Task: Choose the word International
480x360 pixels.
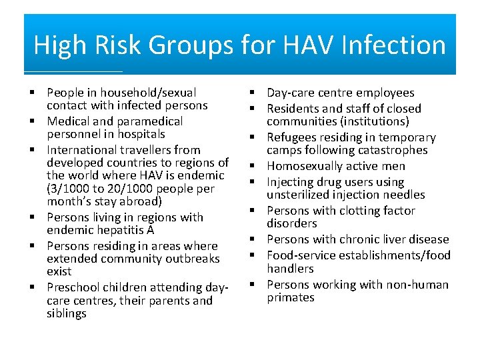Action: coord(87,150)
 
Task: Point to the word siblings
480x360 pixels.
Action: coord(67,313)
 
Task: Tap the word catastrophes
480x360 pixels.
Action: coord(390,150)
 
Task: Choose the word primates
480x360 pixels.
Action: coord(291,297)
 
